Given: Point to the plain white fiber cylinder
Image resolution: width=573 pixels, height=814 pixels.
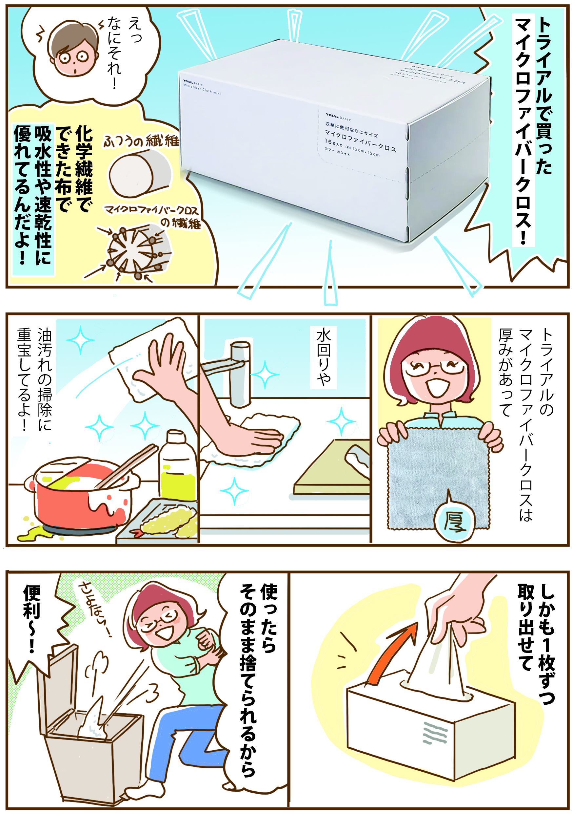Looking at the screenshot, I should click(x=140, y=173).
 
